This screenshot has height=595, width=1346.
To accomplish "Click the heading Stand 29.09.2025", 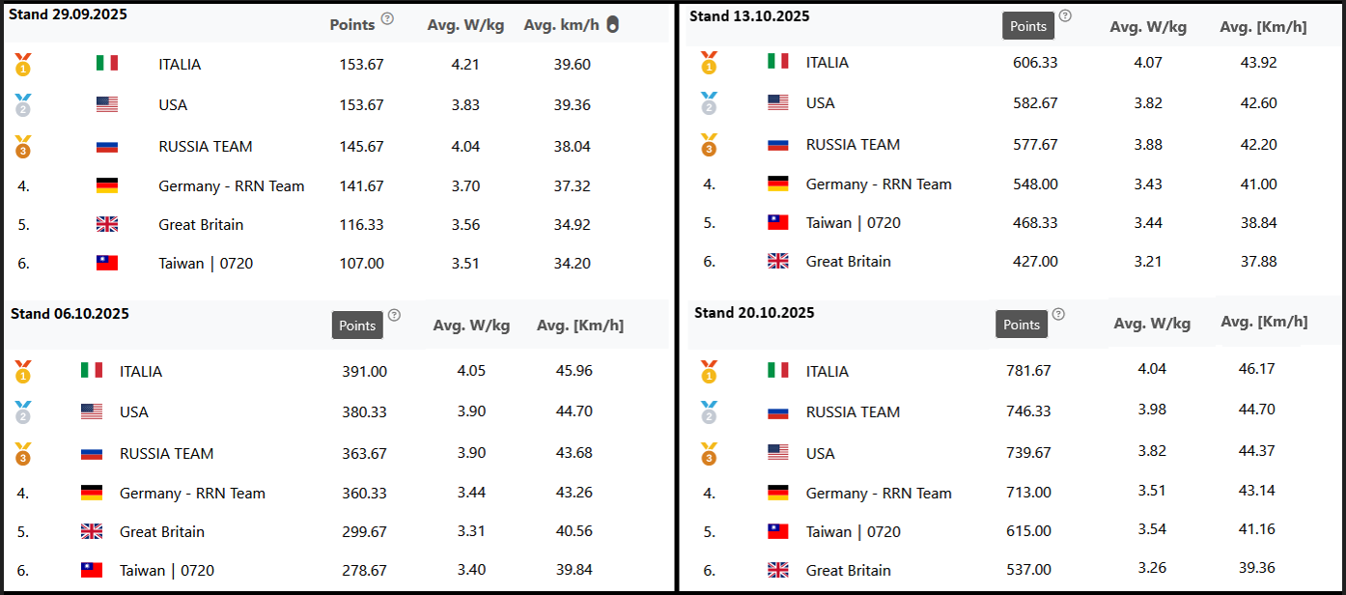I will coord(69,14).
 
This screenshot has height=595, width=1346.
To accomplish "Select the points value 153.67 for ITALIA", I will coord(361,65).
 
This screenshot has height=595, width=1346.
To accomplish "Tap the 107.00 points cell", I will coord(361,264).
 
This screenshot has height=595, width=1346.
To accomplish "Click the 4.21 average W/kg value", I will coord(465,65).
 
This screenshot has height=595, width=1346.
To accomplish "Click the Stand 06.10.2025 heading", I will coord(70,314).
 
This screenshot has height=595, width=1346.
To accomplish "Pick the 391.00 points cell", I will coord(364,372).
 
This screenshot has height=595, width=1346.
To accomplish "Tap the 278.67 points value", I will coord(364,571).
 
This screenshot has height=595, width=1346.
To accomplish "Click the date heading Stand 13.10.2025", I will coord(749,16).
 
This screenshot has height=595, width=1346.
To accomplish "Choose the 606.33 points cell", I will coord(1035,63).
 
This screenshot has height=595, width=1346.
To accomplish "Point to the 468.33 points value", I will coord(1035,223).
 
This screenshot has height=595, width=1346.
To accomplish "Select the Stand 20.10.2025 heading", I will coord(754,313).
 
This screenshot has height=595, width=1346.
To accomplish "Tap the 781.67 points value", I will coord(1028,371).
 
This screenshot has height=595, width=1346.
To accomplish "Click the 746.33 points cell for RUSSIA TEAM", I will coord(1028,411).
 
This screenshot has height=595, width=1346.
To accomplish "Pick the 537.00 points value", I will coord(1028,571).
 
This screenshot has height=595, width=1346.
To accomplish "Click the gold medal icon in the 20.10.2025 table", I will coord(709,371).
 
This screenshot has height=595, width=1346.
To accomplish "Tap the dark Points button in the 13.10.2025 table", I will coord(1028,26).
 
